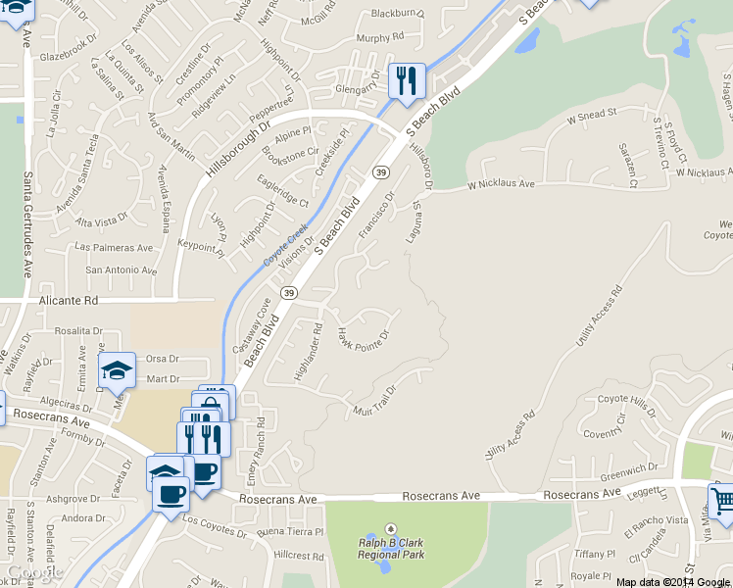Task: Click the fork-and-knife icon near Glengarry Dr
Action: [x=407, y=79]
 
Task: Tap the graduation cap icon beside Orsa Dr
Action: [x=118, y=370]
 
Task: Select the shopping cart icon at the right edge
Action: [x=722, y=501]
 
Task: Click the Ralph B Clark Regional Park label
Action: [x=390, y=547]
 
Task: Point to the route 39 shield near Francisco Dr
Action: [x=379, y=172]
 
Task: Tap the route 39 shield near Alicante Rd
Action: [x=289, y=292]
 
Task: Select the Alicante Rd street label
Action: [x=70, y=303]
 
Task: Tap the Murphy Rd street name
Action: [x=380, y=38]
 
